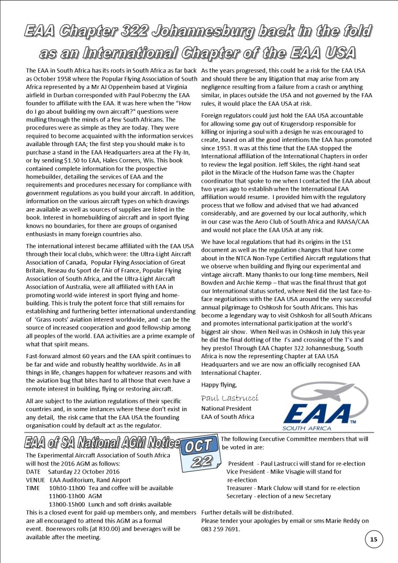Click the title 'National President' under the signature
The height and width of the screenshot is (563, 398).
coord(226,409)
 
